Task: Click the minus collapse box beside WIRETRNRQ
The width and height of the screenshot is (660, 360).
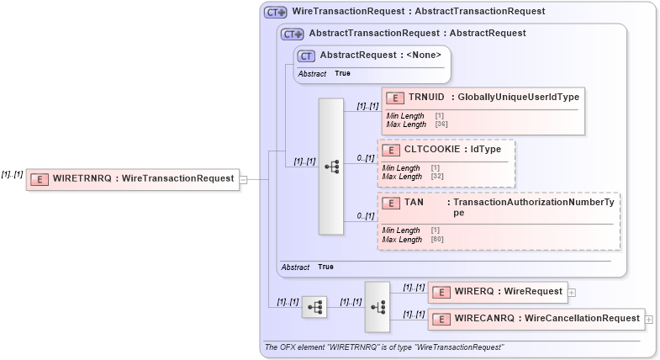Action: click(x=243, y=178)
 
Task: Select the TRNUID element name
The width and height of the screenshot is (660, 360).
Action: click(x=426, y=97)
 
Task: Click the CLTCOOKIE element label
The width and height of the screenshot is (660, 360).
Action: click(x=425, y=149)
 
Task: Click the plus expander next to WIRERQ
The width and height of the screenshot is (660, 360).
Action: click(x=572, y=292)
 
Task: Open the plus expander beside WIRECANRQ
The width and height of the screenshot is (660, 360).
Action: click(x=648, y=318)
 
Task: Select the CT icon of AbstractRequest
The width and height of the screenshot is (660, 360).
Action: click(x=307, y=56)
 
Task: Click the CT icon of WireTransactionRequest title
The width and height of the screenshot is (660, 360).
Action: click(x=275, y=12)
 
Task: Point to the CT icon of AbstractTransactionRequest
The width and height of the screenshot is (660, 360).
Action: click(x=292, y=34)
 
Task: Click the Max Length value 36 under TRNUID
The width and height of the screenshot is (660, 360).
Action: click(x=441, y=124)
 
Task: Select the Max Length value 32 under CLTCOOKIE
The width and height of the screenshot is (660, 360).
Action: click(x=436, y=177)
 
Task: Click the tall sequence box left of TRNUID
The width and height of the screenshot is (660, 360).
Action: click(x=331, y=167)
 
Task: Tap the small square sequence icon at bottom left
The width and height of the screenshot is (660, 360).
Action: click(x=314, y=308)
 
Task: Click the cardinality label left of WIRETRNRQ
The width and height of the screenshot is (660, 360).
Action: click(x=12, y=174)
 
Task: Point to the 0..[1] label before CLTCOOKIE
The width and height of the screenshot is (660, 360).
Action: click(x=365, y=157)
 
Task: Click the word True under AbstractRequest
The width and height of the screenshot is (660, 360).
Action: click(x=342, y=74)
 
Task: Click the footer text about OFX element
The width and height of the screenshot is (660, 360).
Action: click(x=383, y=347)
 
